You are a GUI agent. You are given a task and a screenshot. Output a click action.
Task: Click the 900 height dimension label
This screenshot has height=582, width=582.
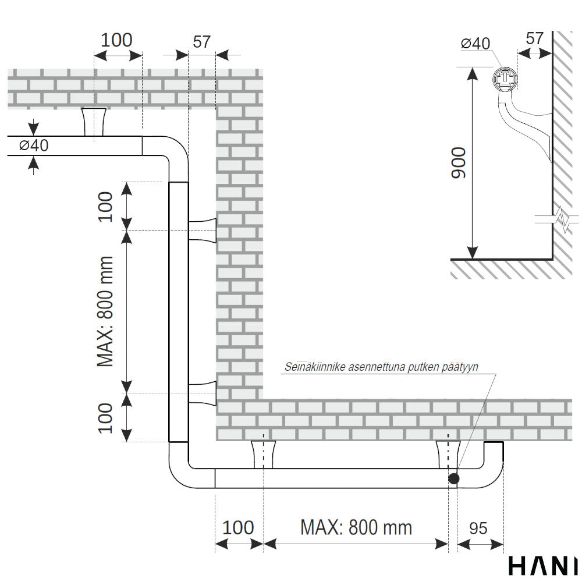(x=459, y=163)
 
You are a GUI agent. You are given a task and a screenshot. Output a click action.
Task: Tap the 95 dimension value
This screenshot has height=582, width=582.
(x=478, y=528)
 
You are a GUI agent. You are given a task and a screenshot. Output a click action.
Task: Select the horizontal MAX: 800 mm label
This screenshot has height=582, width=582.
(x=356, y=527)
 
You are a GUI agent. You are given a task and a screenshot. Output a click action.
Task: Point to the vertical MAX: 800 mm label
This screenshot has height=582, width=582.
(x=105, y=311)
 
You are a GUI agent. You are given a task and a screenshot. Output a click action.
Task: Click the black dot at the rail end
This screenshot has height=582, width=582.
(x=453, y=478)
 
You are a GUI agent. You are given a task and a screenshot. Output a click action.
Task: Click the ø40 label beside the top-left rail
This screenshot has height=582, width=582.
(x=34, y=145)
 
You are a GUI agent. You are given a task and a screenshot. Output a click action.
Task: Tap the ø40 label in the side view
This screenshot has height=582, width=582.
(x=475, y=44)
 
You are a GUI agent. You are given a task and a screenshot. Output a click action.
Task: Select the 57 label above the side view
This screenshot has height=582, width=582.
(x=534, y=38)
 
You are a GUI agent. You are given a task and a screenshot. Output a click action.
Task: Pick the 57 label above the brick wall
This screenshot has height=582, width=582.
(x=201, y=41)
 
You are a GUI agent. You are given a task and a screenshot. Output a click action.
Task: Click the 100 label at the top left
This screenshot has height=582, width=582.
(x=116, y=40)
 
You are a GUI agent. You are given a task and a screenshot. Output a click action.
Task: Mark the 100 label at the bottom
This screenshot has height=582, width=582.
(x=238, y=527)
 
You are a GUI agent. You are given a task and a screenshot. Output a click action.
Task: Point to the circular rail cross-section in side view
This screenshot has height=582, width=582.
(x=505, y=79)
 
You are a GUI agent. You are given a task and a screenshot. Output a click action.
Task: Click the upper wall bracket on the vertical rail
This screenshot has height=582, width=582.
(x=203, y=230)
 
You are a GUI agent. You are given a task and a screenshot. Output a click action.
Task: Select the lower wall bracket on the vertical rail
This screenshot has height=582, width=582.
(x=203, y=393)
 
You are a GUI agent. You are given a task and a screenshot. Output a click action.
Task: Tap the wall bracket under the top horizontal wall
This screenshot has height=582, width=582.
(x=94, y=122)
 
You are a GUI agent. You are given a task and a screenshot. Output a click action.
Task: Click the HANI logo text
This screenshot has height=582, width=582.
(x=544, y=565)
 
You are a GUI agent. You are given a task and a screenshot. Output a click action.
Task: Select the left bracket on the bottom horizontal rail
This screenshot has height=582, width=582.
(x=264, y=455)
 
